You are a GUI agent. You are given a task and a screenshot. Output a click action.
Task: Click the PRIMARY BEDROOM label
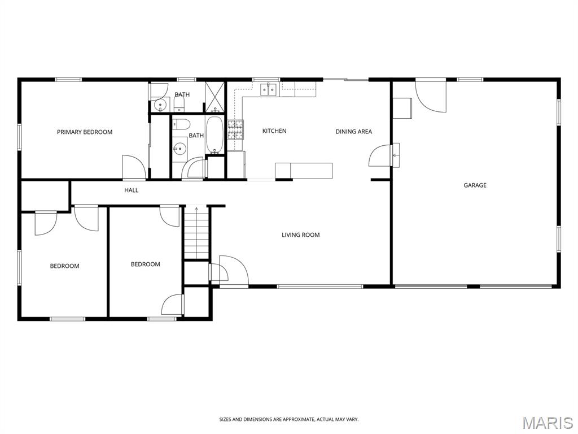pos(85,132)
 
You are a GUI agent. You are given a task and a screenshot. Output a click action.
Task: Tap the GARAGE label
pos(475,185)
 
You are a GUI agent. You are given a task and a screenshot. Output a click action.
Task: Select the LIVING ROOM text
pos(300,235)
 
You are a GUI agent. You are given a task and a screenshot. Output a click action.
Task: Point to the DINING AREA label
pos(353,131)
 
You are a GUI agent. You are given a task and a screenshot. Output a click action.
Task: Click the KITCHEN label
pos(274,131)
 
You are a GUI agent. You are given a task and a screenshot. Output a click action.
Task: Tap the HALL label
pos(131,190)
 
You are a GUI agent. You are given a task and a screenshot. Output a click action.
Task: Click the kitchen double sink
pos(269,90)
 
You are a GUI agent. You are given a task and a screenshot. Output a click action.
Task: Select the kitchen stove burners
pos(235,129)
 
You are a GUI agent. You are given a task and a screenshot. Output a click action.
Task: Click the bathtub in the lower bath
pos(214,135)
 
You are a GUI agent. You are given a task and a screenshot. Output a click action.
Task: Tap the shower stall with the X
pos(215,97)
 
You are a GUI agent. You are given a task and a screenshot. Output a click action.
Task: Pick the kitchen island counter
pos(304,171)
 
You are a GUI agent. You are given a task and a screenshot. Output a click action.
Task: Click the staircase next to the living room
pos(196,233)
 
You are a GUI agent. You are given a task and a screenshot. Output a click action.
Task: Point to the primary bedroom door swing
pos(134,167)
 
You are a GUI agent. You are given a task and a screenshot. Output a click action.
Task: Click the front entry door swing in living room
pos(234,270)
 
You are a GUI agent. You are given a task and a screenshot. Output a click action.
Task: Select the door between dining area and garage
pos(380,155)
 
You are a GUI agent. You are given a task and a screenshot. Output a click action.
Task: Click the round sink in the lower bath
pos(180,149)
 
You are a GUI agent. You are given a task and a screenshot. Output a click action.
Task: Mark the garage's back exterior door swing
pos(431,97)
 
